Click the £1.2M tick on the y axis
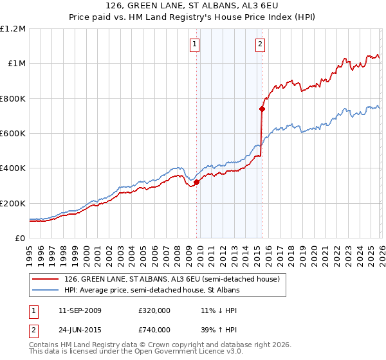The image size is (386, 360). coord(13,28)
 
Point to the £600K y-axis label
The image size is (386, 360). coord(13,133)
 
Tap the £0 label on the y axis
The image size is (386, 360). coord(19,238)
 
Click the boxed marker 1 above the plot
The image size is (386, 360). coord(195,44)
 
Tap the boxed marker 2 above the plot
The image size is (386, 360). coord(260,44)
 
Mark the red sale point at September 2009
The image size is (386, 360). coord(196,182)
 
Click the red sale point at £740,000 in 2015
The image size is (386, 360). coord(262,109)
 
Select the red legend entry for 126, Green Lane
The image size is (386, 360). coord(172,279)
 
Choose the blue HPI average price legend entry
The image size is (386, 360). coord(151,291)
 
